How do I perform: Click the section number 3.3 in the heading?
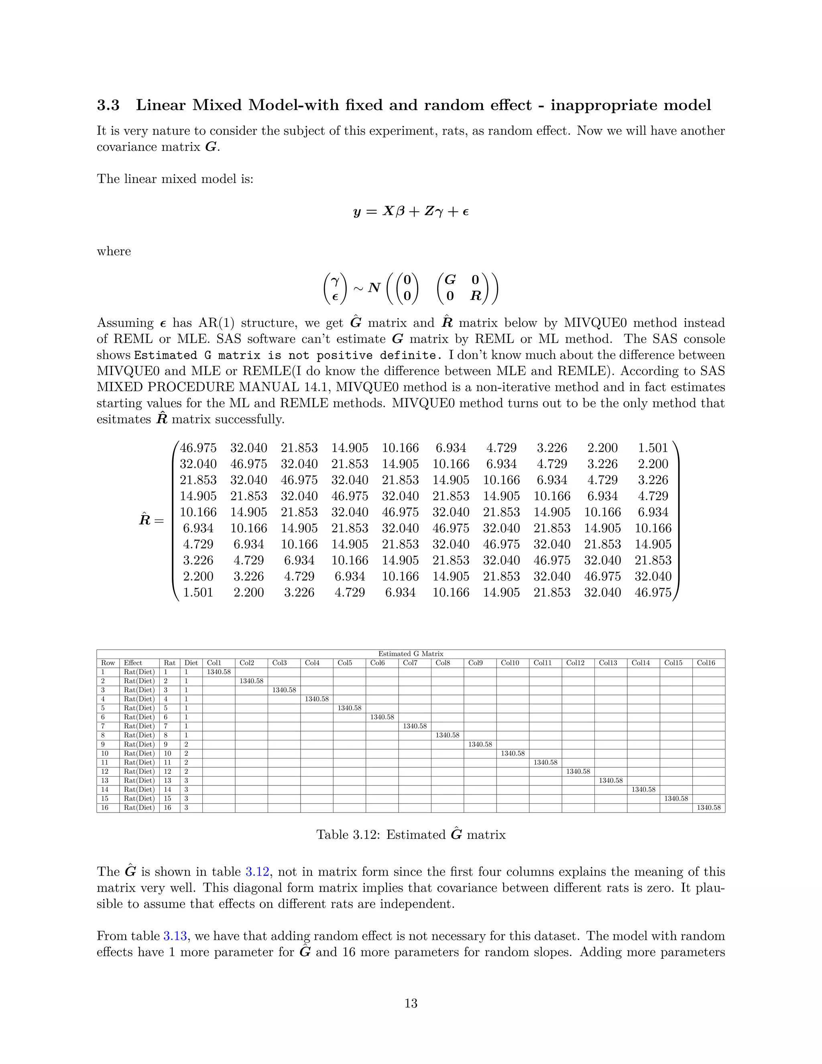coord(108,105)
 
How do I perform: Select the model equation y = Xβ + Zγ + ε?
coord(411,212)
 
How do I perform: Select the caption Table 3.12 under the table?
coord(411,835)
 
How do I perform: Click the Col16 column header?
coord(706,662)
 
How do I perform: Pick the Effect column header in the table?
coord(133,662)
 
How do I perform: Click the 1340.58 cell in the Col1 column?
coord(219,672)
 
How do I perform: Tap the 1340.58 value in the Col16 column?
coord(708,808)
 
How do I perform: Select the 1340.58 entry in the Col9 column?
coord(480,744)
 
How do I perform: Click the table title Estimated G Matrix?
coord(411,654)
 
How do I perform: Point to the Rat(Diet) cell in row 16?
coord(139,808)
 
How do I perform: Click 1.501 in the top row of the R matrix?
coord(653,448)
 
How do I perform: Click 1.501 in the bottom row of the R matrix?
coord(198,592)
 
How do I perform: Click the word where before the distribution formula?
coord(114,251)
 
